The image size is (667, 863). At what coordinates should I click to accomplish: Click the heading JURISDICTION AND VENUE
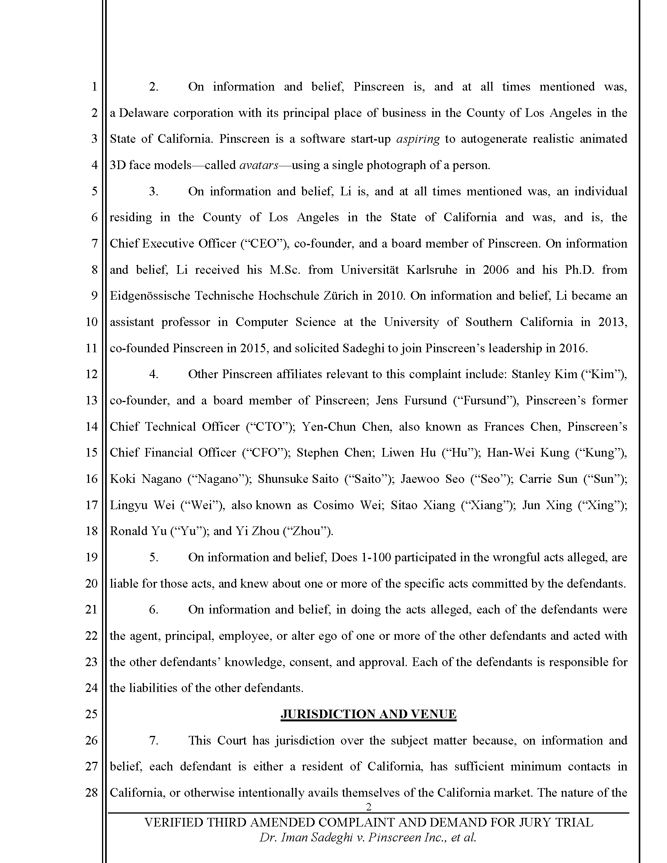point(368,714)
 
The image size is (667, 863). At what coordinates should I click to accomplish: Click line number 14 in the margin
point(92,426)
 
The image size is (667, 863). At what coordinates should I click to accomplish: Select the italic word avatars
point(259,165)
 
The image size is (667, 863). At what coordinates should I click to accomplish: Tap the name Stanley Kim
point(544,374)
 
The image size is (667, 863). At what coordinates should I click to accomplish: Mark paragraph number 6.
point(153,609)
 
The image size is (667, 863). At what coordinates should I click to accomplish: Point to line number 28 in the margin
point(92,792)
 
